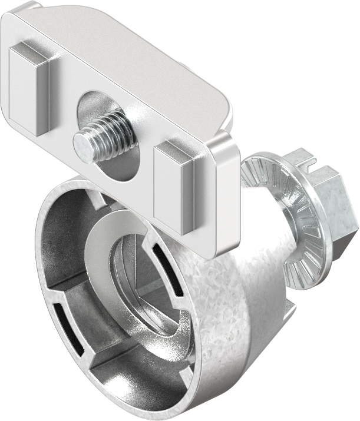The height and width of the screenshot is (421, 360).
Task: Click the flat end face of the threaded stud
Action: [82, 143]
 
